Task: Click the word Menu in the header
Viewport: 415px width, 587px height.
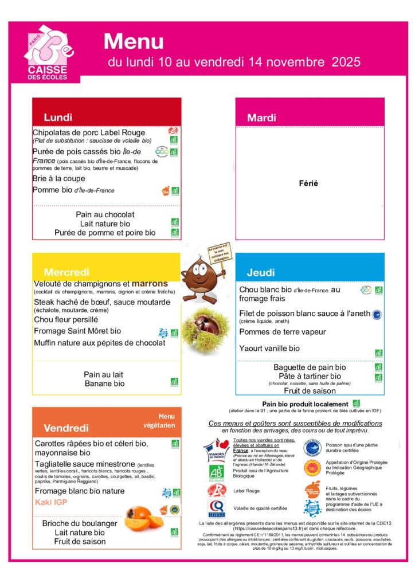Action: pyautogui.click(x=134, y=41)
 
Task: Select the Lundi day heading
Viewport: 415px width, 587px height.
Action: pyautogui.click(x=58, y=118)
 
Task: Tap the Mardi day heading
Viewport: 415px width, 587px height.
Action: pyautogui.click(x=261, y=118)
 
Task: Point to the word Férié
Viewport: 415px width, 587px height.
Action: pyautogui.click(x=308, y=184)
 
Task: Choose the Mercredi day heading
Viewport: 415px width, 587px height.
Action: pyautogui.click(x=66, y=272)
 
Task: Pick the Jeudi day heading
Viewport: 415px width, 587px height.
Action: pyautogui.click(x=261, y=272)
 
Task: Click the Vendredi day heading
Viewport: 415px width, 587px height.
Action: pyautogui.click(x=66, y=428)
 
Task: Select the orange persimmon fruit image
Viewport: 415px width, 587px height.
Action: pyautogui.click(x=144, y=517)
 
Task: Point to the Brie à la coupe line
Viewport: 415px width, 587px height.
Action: pyautogui.click(x=58, y=179)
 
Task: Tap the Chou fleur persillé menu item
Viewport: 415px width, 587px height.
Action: pyautogui.click(x=66, y=320)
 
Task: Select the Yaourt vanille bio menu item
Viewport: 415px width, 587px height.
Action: pyautogui.click(x=269, y=349)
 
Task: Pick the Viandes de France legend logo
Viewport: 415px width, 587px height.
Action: pyautogui.click(x=217, y=450)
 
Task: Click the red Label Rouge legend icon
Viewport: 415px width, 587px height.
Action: pyautogui.click(x=216, y=491)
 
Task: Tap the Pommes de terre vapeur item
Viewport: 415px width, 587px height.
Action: pyautogui.click(x=283, y=332)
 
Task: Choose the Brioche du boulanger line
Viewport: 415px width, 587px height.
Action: pyautogui.click(x=80, y=523)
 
